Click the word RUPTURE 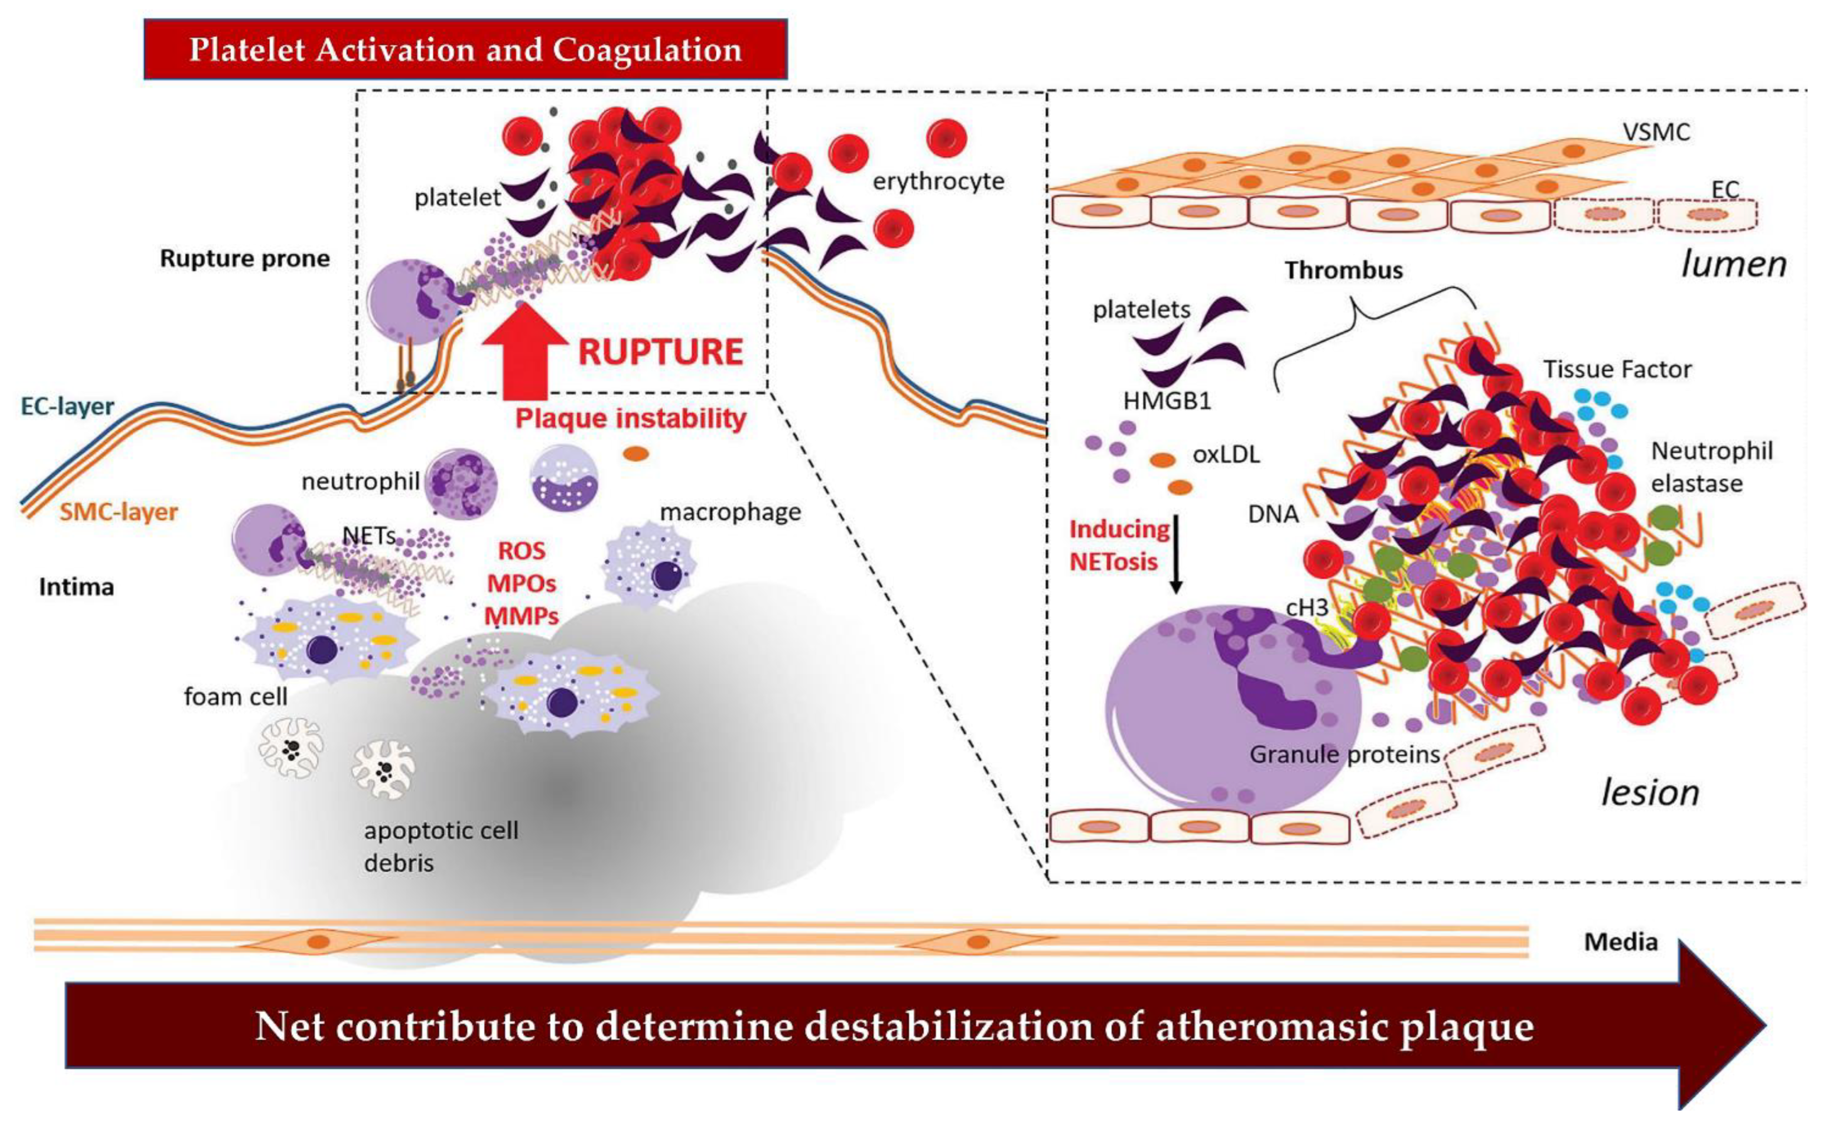coord(660,352)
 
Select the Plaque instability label coord(630,418)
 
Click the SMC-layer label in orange coord(118,512)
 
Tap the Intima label coord(77,587)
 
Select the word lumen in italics coord(1733,265)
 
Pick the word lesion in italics coord(1649,793)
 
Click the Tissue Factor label coord(1617,370)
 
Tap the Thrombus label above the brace coord(1343,271)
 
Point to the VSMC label coord(1655,132)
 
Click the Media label coord(1621,942)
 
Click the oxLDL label coord(1226,454)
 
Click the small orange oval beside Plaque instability coord(636,453)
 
